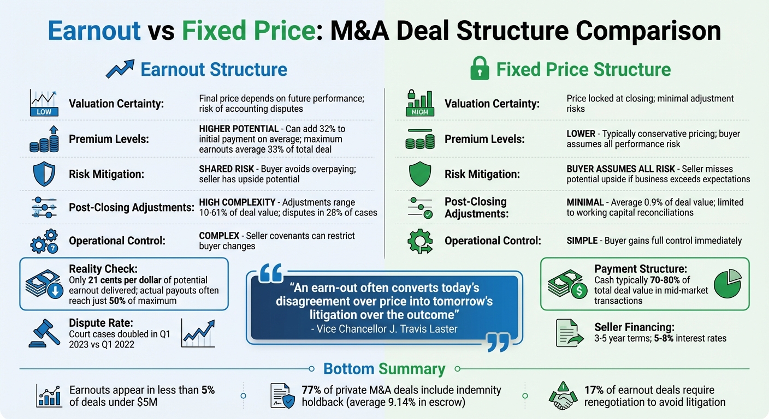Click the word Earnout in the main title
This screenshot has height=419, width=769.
(x=94, y=32)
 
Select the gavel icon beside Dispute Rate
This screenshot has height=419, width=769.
(x=44, y=332)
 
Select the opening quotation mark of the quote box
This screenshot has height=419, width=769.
(x=271, y=272)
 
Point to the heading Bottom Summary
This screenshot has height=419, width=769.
(x=384, y=369)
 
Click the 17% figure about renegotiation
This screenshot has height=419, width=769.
(x=595, y=390)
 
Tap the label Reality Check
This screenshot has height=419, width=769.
(x=103, y=268)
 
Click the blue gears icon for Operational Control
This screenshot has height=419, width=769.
(x=44, y=241)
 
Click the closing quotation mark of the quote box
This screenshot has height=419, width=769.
(x=496, y=343)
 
